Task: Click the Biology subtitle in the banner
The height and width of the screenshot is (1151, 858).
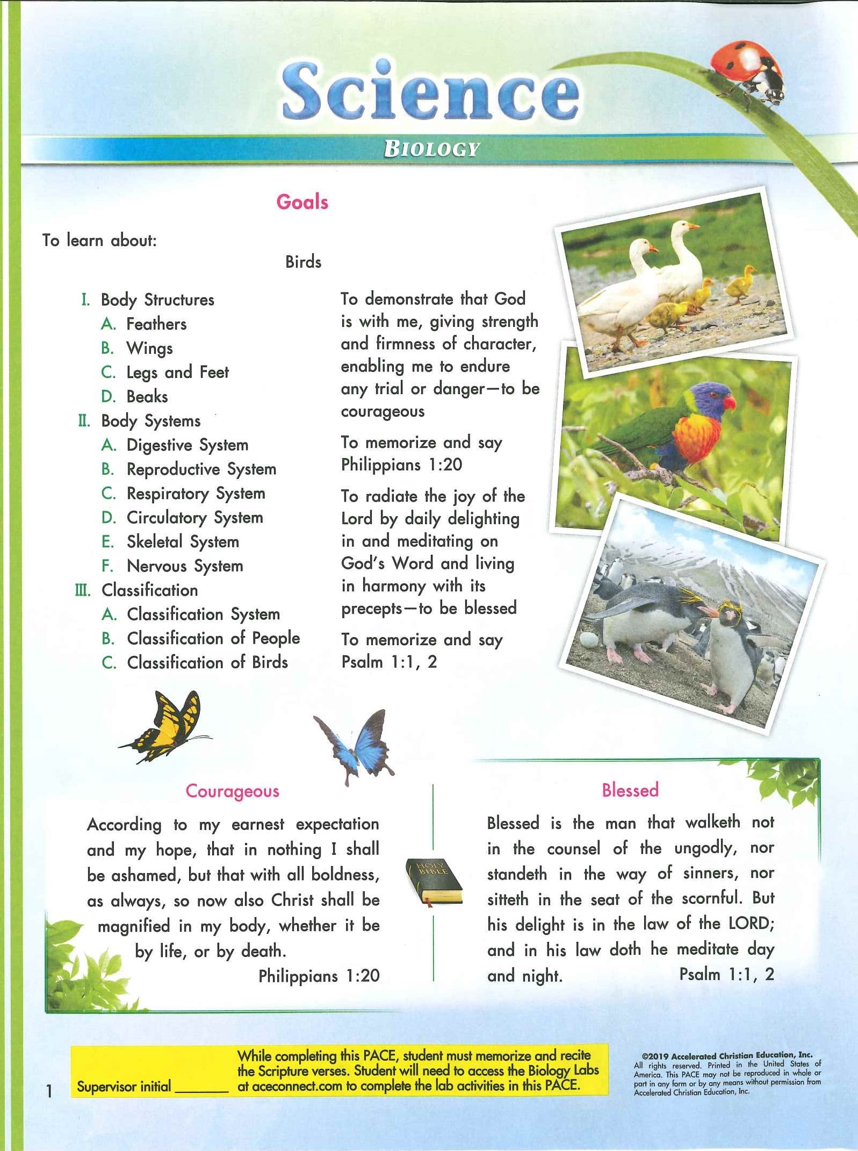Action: click(x=431, y=149)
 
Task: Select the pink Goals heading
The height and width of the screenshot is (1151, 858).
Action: click(x=302, y=202)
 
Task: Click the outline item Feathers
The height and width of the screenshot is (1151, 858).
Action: click(x=156, y=324)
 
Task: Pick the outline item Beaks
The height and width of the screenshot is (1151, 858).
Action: click(x=147, y=396)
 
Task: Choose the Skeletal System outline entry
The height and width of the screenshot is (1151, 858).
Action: click(x=183, y=541)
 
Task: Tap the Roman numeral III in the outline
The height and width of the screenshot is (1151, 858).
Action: click(x=82, y=590)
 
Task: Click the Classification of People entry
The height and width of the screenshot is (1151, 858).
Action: click(x=213, y=638)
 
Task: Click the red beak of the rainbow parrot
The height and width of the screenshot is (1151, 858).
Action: click(x=729, y=402)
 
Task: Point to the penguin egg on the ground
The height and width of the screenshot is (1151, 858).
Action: click(x=589, y=639)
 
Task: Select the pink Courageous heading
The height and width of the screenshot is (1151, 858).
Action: click(x=232, y=791)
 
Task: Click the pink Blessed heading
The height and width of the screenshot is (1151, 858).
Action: click(x=630, y=790)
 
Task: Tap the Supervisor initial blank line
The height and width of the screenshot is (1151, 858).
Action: click(x=202, y=1089)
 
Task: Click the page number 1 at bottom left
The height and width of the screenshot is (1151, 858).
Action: click(x=49, y=1091)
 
